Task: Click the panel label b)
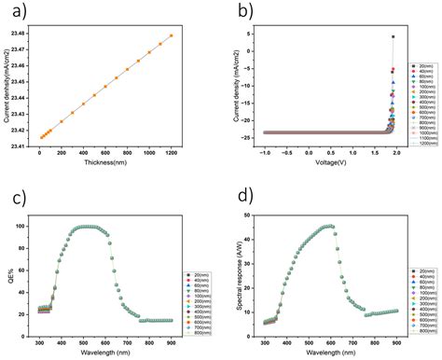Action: tap(242, 12)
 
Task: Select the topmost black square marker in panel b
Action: tap(393, 37)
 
